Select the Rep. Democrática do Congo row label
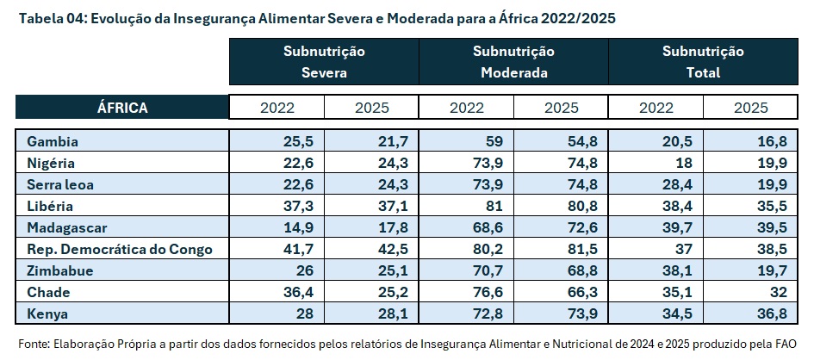tap(119, 250)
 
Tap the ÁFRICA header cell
tap(122, 108)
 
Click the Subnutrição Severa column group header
tap(324, 62)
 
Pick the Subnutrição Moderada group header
tap(513, 62)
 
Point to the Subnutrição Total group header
tap(703, 62)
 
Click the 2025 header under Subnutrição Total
tap(750, 108)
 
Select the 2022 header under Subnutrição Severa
tap(277, 108)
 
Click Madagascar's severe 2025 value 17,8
tap(392, 228)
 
